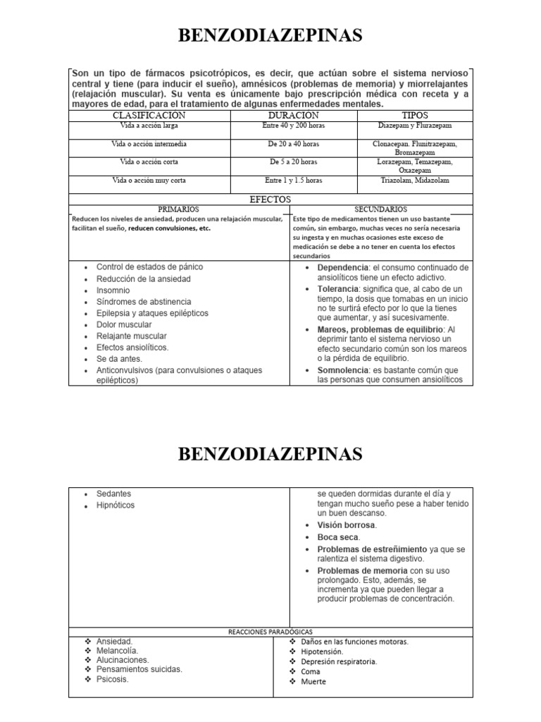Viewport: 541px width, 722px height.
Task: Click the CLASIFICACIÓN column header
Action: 149,115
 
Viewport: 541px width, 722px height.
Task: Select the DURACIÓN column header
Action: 293,115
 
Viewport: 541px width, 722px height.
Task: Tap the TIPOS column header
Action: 415,115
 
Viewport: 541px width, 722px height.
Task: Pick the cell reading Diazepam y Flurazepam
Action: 415,126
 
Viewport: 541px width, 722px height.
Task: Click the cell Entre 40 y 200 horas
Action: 293,126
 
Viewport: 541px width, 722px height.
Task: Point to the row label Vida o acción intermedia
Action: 149,144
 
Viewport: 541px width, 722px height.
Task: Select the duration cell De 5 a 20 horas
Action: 293,162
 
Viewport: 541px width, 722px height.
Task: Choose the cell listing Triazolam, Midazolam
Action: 415,180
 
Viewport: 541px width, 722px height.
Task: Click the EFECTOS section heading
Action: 270,200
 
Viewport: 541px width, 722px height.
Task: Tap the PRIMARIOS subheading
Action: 179,209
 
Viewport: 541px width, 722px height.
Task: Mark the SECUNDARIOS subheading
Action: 381,209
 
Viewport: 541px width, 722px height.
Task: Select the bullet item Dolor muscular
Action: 124,324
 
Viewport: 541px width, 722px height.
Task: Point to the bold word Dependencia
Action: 343,268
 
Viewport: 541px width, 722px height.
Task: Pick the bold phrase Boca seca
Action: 338,537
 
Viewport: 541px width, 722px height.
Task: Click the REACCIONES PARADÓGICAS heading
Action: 271,632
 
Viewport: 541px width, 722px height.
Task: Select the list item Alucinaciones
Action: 123,661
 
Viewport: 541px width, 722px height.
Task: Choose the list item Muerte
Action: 313,682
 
